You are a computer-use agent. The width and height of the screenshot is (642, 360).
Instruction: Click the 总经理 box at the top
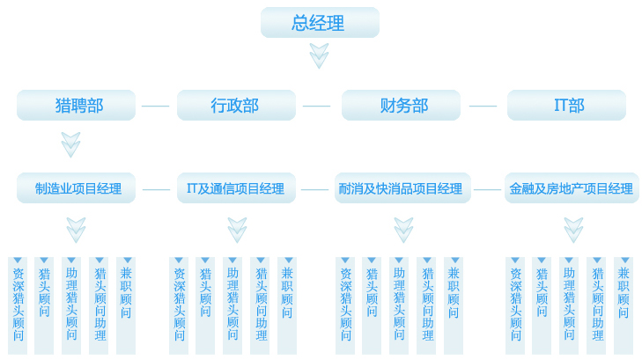tap(319, 22)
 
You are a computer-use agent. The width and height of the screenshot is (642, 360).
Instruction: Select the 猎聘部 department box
tap(77, 106)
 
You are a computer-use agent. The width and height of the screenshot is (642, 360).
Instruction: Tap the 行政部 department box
tap(236, 106)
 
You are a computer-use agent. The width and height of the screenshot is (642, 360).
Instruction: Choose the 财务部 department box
tap(402, 106)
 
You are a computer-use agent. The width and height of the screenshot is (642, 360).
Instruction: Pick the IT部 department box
tap(566, 106)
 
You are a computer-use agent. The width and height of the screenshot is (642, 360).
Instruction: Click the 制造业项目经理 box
tap(77, 188)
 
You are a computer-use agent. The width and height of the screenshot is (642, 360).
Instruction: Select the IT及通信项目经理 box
tap(236, 188)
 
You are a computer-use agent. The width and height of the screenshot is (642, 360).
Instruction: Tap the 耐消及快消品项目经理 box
tap(402, 188)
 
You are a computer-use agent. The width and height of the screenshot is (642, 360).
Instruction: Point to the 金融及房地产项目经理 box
tap(572, 188)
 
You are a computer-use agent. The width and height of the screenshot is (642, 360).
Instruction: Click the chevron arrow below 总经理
tap(319, 55)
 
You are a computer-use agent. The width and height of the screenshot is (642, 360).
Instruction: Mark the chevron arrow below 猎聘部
tap(71, 143)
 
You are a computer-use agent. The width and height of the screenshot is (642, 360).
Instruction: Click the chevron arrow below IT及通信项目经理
tap(237, 229)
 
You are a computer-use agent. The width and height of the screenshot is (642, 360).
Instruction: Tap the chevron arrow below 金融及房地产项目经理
tap(573, 229)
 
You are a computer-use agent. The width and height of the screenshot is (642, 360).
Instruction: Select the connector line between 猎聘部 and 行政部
tap(156, 106)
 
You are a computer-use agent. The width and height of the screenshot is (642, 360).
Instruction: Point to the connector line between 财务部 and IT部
tap(483, 106)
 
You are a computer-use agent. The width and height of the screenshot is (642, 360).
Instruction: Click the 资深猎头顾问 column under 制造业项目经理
tap(18, 305)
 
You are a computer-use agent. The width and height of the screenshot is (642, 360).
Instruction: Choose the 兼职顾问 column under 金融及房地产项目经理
tap(624, 305)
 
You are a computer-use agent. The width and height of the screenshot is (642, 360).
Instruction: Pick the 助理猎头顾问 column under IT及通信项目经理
tap(232, 305)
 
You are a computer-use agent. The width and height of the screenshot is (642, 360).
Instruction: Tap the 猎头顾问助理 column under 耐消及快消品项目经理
tap(427, 305)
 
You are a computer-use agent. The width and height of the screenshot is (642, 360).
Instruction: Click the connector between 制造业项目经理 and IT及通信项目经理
tap(156, 189)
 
